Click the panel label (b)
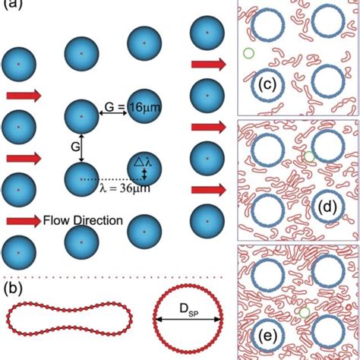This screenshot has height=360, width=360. (13, 290)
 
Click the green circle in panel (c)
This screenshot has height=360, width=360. (248, 53)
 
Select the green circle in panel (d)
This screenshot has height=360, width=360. (308, 156)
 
